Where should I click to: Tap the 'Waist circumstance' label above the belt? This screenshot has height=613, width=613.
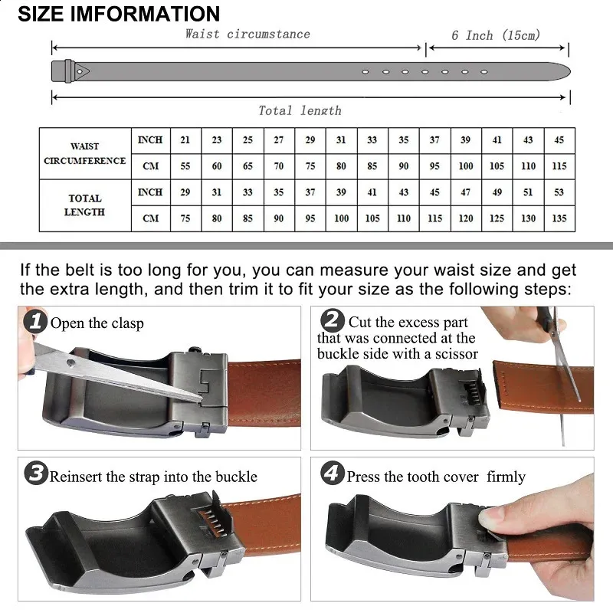[247, 34]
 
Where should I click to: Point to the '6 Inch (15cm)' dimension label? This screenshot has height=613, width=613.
[496, 35]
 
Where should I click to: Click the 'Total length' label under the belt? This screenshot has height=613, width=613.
[300, 110]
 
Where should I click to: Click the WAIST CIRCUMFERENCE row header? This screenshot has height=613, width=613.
[85, 153]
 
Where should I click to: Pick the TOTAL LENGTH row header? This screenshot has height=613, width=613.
[85, 205]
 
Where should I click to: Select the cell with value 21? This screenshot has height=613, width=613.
[185, 140]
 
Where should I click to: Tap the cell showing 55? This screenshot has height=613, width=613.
[185, 166]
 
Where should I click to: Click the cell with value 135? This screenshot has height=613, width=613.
[559, 218]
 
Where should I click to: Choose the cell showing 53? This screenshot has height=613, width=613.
[559, 192]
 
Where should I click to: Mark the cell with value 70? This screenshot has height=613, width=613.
[279, 166]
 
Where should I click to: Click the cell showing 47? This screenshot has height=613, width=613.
[466, 192]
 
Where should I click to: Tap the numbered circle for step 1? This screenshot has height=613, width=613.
[35, 322]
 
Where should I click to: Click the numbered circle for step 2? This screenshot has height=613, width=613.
[333, 320]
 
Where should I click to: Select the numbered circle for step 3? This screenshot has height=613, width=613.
[36, 474]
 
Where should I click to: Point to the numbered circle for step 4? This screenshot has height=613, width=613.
[333, 474]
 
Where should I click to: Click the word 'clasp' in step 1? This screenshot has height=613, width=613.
[127, 323]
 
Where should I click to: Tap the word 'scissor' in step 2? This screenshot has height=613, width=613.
[456, 354]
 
